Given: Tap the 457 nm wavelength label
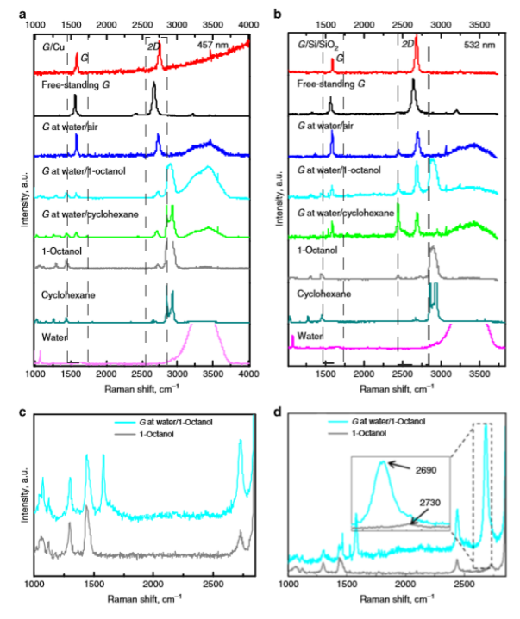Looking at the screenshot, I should point(215,44).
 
